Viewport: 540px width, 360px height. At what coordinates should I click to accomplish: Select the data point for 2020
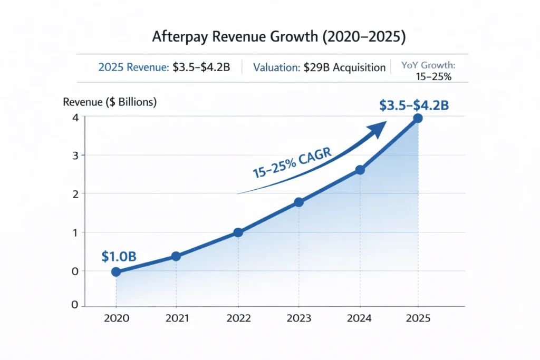tap(116, 272)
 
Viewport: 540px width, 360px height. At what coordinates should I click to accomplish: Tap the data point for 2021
tap(176, 256)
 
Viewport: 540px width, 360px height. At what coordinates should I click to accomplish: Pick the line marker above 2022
tap(238, 232)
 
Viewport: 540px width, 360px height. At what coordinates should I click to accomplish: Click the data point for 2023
tap(299, 202)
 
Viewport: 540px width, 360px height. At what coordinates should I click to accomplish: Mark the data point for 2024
tap(360, 170)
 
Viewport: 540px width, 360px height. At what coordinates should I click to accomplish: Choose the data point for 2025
tap(418, 118)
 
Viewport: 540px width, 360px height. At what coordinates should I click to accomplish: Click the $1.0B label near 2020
tap(119, 257)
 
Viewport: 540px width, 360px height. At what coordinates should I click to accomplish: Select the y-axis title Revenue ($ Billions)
tap(110, 103)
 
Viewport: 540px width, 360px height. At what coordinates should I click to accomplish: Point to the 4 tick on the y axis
tap(75, 117)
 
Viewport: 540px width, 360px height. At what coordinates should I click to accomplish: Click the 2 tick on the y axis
tap(75, 194)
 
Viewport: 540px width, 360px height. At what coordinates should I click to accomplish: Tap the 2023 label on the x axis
tap(299, 318)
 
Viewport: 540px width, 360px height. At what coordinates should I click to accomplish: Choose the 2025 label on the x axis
tap(419, 318)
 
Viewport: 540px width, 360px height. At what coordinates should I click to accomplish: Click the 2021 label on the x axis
tap(176, 318)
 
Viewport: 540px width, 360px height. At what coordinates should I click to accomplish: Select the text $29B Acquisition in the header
tap(344, 67)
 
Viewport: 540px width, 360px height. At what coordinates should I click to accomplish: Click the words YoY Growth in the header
tap(428, 65)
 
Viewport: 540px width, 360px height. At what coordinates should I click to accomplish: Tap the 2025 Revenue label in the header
tap(133, 67)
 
